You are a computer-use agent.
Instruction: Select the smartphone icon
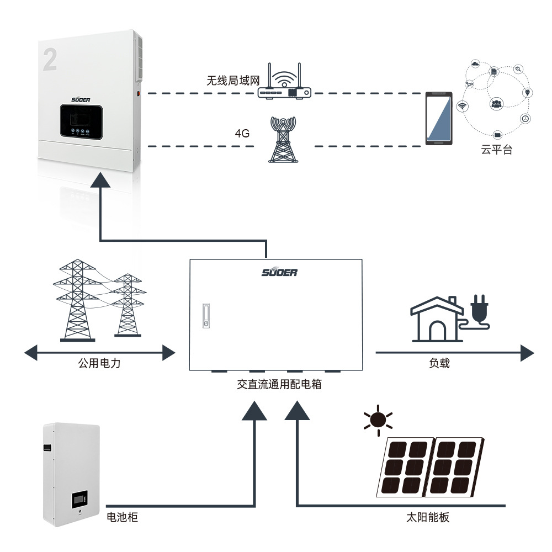point(439,119)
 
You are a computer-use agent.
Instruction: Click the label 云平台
point(496,150)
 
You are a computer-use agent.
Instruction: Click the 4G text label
point(242,134)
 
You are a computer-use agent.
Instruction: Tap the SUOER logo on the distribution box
point(279,272)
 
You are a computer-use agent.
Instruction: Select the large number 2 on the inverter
point(50,60)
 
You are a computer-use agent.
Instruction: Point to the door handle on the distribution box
point(206,316)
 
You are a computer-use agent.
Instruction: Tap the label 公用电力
point(99,364)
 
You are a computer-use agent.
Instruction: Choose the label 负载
point(439,364)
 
